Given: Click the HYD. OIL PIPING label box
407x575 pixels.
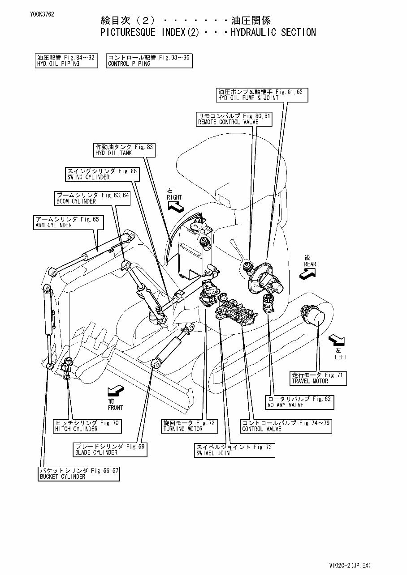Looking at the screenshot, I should coord(66,60).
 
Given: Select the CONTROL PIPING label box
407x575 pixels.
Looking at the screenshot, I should coord(149,60).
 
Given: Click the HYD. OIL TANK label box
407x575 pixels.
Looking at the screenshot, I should coord(125,150).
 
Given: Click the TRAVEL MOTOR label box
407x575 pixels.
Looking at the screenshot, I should coord(317,378).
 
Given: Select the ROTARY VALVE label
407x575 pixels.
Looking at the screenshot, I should coord(299,402).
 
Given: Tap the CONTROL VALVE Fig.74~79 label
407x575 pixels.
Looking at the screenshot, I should coord(286,426).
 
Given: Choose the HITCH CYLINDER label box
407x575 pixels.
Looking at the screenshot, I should coord(87,426).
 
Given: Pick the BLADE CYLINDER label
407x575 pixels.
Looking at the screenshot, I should coord(110,450).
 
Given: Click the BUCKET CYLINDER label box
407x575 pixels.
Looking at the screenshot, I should coord(79,473).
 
